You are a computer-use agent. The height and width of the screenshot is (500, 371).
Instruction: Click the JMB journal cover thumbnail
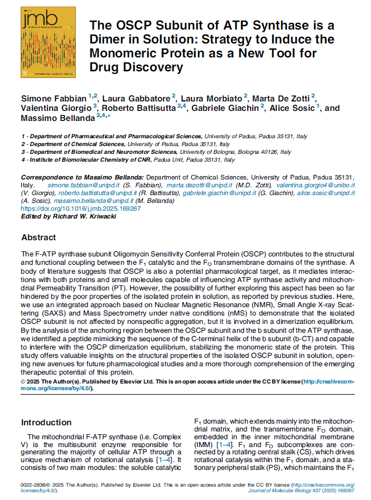[x=41, y=42]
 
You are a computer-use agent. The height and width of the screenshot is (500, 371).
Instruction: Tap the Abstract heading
[x=38, y=238]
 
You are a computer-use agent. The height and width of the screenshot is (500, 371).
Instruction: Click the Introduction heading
[x=46, y=422]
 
